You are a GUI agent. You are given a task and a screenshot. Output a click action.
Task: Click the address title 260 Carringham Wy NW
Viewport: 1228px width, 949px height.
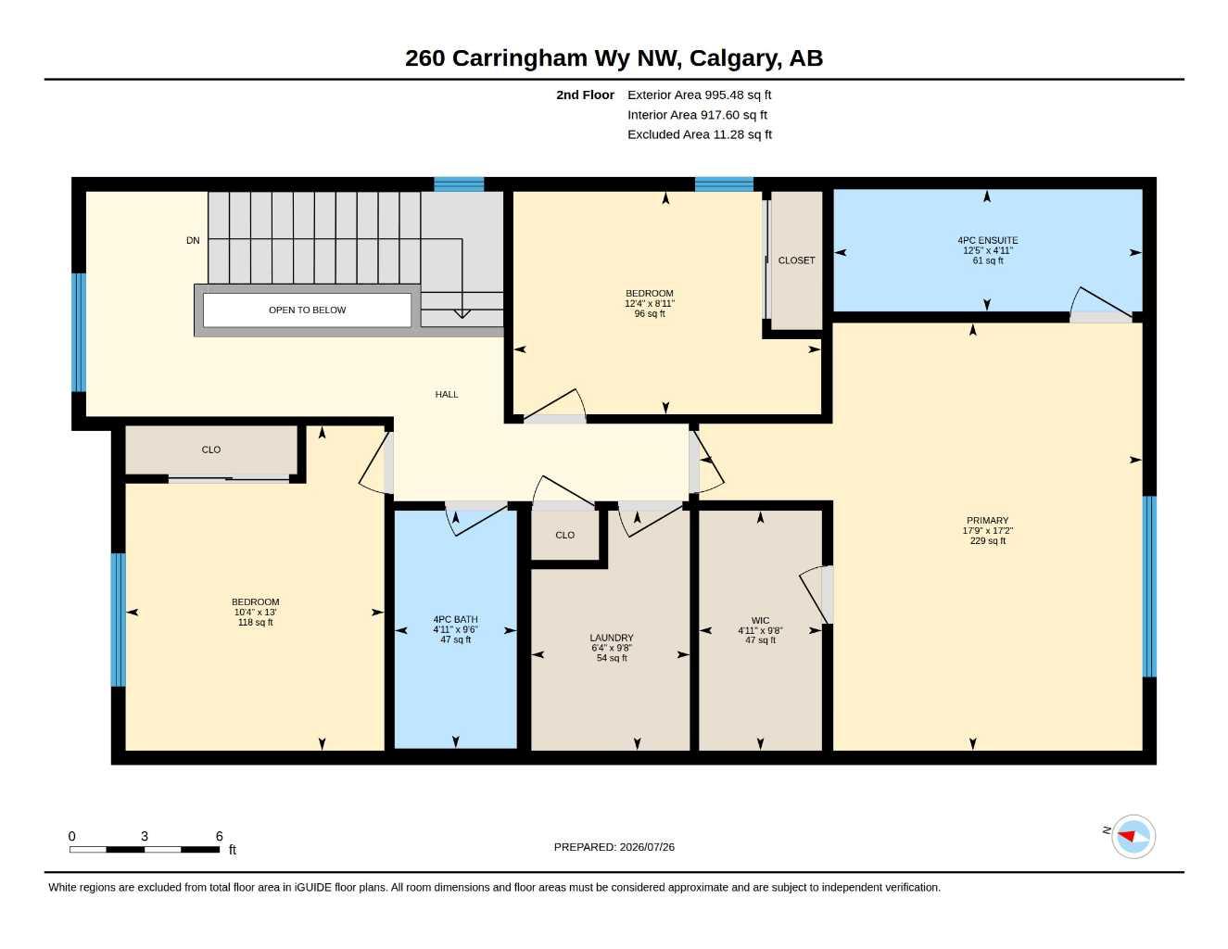544,58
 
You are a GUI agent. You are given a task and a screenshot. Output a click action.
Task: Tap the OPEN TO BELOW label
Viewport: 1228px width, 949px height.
307,310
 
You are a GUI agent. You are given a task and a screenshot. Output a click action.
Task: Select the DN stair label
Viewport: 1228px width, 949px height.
193,241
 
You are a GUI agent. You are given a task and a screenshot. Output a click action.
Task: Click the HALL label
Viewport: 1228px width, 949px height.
447,394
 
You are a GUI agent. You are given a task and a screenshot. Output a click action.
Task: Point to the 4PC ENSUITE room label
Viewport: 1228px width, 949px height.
987,240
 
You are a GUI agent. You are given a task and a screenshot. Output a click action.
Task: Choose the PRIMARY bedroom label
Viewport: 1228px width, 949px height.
987,520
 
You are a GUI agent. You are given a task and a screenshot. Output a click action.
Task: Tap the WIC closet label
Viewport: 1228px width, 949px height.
760,621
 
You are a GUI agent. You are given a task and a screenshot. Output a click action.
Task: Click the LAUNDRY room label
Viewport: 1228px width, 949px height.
612,638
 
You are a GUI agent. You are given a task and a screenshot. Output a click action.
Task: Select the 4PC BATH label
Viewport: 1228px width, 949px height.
455,620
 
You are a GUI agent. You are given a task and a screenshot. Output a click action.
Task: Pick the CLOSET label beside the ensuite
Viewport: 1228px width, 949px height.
796,260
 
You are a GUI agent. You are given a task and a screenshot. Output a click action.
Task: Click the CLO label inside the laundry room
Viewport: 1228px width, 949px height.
564,535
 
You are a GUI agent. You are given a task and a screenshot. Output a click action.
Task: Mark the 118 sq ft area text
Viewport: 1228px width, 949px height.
256,623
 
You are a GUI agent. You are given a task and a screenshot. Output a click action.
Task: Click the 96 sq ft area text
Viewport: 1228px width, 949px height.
650,313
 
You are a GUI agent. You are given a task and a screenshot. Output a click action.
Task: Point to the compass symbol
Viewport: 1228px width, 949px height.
1133,837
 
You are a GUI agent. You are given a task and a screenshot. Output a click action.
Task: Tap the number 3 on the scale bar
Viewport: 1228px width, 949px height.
145,837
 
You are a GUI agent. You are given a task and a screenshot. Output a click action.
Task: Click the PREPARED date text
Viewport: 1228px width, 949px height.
614,847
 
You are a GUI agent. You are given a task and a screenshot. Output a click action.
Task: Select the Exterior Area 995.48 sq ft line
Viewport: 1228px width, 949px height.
699,95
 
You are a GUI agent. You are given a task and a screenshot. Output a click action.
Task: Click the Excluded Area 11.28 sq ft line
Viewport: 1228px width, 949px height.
700,134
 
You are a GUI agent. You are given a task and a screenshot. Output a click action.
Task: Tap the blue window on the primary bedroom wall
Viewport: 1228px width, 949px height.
1149,587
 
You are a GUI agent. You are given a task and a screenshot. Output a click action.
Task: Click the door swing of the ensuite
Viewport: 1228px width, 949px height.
1101,302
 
